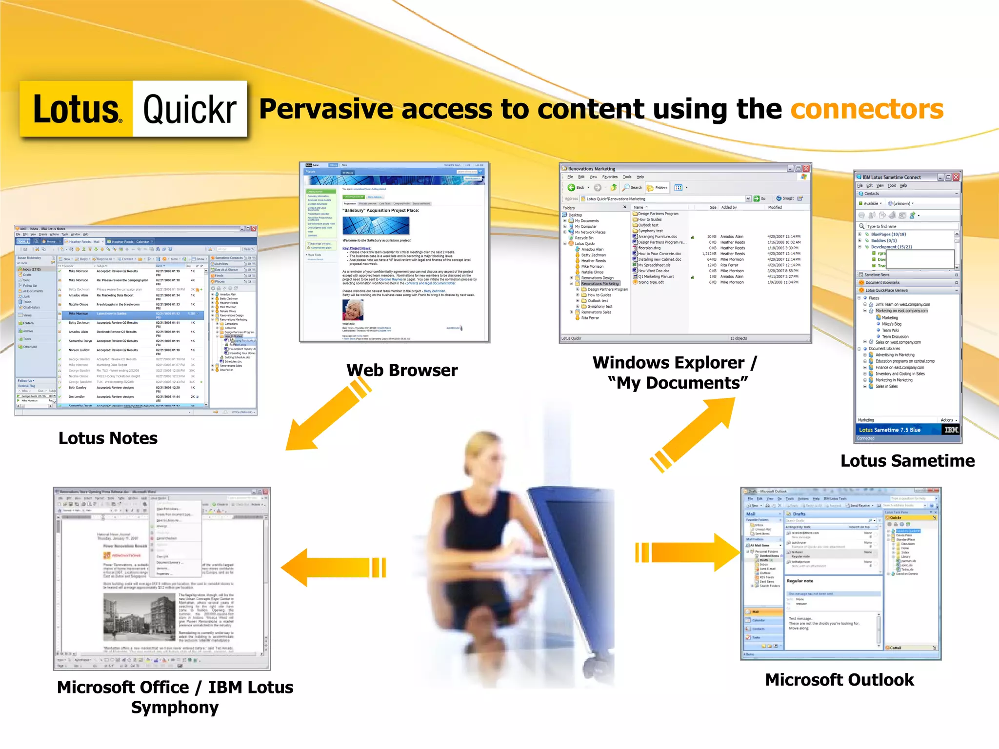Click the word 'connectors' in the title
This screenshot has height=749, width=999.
click(866, 109)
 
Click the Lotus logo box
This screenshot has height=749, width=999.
click(77, 109)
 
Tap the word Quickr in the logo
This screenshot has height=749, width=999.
click(190, 109)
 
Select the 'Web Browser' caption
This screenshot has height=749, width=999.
click(402, 370)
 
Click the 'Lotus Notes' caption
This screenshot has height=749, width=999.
click(108, 438)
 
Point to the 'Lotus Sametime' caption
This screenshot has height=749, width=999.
click(907, 461)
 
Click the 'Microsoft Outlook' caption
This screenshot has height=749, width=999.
click(839, 680)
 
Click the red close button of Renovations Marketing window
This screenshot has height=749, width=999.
click(806, 169)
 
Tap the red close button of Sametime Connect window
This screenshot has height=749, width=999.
click(956, 177)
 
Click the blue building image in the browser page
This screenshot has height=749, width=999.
click(376, 226)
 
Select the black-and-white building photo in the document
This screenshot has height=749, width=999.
click(139, 617)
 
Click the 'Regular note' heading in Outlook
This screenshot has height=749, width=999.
click(800, 581)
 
